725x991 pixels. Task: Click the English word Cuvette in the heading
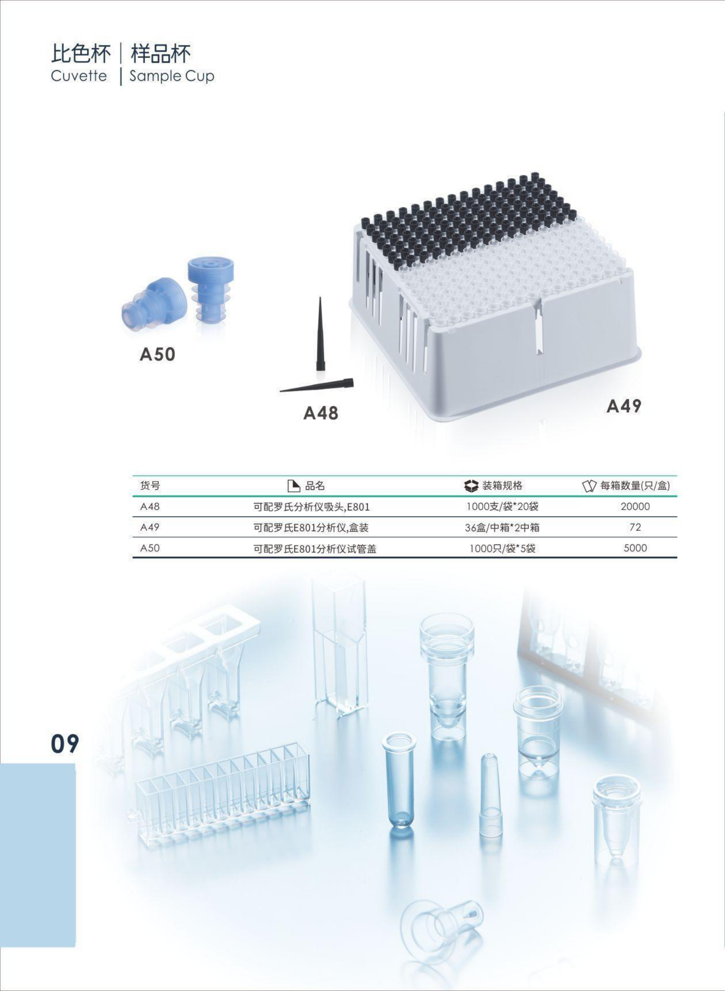(79, 76)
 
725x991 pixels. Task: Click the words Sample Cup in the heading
(172, 76)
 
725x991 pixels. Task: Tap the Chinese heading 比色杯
(80, 54)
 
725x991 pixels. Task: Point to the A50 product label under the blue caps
(157, 354)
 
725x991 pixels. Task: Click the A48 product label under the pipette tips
(321, 413)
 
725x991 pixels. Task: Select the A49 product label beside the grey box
(624, 406)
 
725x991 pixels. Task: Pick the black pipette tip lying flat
(316, 385)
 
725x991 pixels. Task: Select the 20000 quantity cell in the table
(635, 506)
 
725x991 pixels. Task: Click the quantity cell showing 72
(635, 527)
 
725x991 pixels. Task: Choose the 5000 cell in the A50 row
(635, 548)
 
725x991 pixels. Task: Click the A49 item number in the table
(150, 527)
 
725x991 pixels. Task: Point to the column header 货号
(150, 486)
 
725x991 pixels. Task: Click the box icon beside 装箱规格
(471, 486)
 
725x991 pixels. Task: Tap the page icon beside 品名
(294, 486)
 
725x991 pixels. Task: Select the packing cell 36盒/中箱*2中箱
(502, 527)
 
